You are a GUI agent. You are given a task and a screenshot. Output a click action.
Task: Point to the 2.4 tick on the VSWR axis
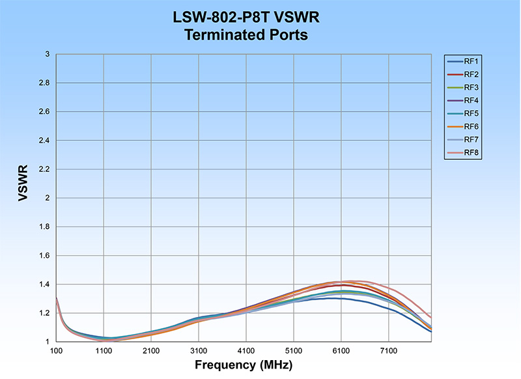42,140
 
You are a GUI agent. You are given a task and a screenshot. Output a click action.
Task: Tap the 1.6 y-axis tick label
42,255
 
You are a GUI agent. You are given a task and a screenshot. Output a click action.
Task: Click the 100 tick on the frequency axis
57,350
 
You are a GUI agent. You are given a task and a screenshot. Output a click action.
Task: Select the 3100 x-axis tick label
199,350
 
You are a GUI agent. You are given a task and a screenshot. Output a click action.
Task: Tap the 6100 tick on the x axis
341,350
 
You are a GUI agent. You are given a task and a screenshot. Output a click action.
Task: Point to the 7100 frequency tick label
389,350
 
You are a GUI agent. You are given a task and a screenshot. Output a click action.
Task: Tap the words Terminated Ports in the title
246,35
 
